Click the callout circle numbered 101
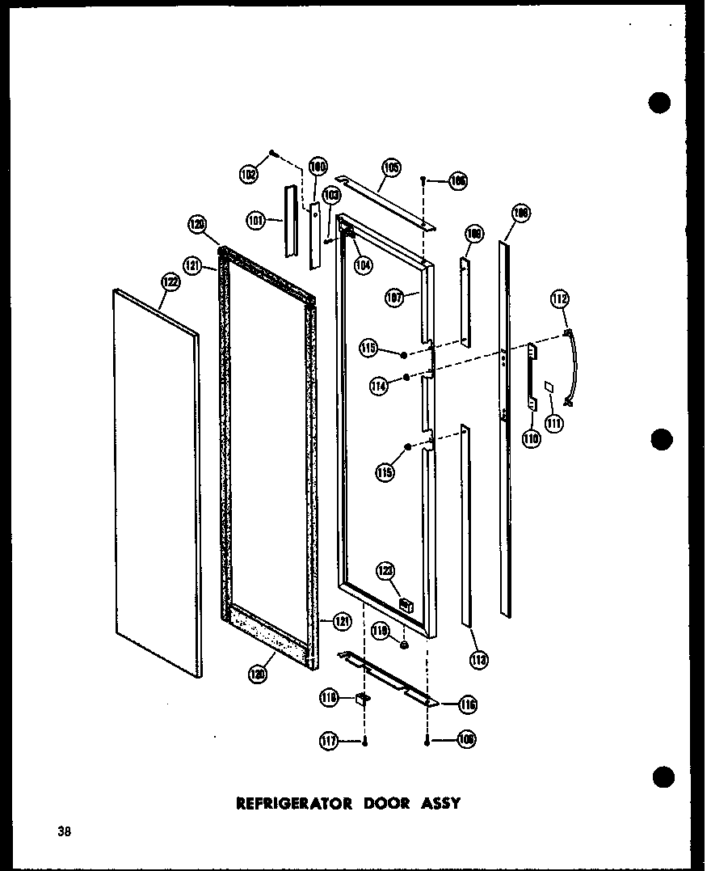tap(256, 220)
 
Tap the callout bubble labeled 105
tap(391, 168)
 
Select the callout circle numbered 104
tap(363, 263)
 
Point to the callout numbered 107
tap(395, 298)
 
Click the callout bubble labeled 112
tap(559, 299)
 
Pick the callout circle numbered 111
tap(553, 421)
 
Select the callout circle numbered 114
tap(378, 387)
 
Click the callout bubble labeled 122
tap(170, 282)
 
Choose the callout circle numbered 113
tap(479, 660)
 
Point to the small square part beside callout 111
tap(549, 387)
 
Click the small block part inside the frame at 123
tap(406, 604)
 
